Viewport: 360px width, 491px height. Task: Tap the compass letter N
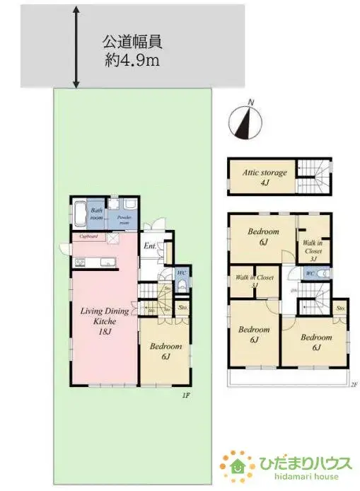click(x=251, y=103)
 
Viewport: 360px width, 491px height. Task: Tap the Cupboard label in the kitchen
click(x=88, y=236)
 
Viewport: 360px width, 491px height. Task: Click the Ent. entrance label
click(x=150, y=246)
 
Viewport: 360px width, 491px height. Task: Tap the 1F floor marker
click(x=185, y=397)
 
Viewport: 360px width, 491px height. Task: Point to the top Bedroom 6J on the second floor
click(x=262, y=237)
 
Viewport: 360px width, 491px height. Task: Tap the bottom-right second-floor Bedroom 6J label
click(x=315, y=342)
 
